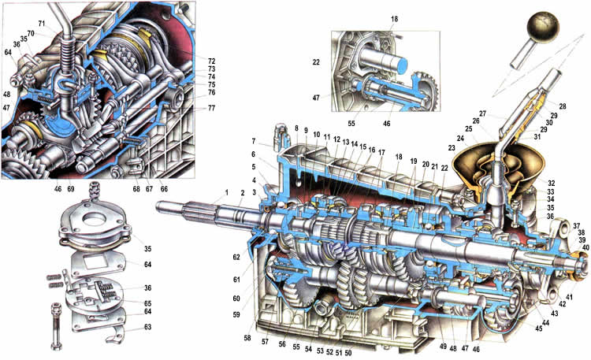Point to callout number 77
click(x=190, y=109)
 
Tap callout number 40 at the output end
click(x=585, y=248)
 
